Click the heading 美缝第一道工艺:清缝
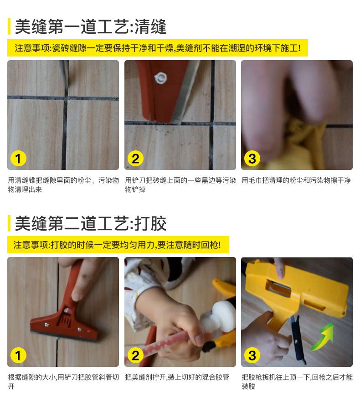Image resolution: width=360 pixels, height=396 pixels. [x=91, y=26]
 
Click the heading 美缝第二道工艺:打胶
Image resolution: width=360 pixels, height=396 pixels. [x=91, y=223]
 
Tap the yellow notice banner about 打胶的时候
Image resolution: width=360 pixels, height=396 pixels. [x=118, y=245]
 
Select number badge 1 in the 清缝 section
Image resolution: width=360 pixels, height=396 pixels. [x=18, y=159]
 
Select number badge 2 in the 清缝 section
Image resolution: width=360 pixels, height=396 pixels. [x=135, y=159]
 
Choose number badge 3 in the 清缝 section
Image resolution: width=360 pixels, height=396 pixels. [x=252, y=159]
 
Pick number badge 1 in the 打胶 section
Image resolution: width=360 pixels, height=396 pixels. [x=18, y=355]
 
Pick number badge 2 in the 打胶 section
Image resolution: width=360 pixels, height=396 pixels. [x=135, y=355]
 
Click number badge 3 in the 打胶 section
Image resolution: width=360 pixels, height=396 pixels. [x=252, y=355]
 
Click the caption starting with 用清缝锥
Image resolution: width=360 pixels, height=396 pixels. [x=63, y=185]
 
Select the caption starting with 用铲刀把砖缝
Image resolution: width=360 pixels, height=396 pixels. [x=180, y=185]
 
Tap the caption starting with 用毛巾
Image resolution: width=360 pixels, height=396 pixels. [x=296, y=180]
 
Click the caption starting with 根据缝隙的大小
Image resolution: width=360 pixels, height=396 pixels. [x=63, y=381]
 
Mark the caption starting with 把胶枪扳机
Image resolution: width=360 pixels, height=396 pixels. [x=297, y=381]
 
